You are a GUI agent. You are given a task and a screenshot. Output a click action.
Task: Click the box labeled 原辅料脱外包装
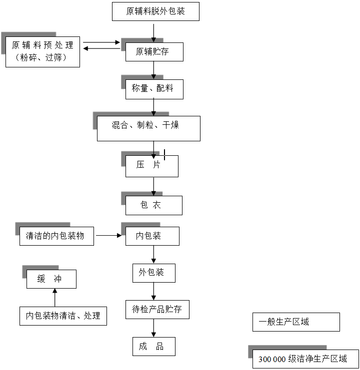click(x=155, y=11)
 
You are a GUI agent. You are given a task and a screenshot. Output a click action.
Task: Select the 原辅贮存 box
click(x=153, y=51)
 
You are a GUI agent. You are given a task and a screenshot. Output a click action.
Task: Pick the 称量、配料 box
click(x=154, y=89)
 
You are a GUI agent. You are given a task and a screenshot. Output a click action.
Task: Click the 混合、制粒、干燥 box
click(x=148, y=128)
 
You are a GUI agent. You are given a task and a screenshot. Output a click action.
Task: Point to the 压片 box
click(x=151, y=166)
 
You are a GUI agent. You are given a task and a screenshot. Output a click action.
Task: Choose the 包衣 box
click(x=153, y=205)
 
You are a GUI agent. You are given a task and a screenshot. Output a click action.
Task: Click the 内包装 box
click(x=152, y=236)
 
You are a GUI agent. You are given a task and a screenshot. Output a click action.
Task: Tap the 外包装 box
click(x=153, y=273)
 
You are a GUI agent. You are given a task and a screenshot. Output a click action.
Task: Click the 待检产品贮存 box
click(x=157, y=310)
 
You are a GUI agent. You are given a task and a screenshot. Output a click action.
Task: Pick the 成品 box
click(x=153, y=346)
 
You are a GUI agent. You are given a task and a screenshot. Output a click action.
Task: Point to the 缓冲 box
click(x=51, y=279)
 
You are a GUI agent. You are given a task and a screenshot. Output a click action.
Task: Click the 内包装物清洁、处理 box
click(x=63, y=316)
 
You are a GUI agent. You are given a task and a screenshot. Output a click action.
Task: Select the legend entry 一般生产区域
click(x=295, y=322)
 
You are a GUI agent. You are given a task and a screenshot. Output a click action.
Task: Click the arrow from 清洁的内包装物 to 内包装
click(x=109, y=235)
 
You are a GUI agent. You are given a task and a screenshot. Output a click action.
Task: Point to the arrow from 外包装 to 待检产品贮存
click(x=153, y=291)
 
